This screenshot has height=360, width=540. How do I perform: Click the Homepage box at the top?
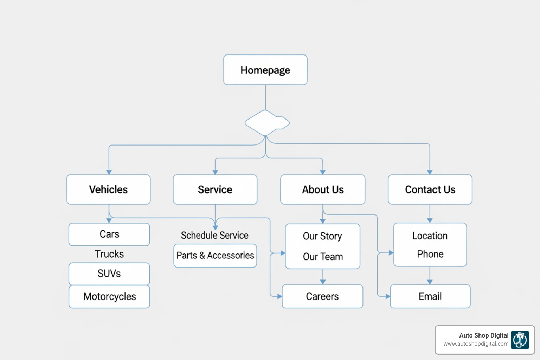[265, 70]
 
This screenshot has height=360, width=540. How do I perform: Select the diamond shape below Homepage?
[267, 123]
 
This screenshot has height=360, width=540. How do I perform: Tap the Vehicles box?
[109, 189]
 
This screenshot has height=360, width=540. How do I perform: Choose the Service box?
[215, 189]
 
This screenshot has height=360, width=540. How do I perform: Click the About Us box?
[323, 189]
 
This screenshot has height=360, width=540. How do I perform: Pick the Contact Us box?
[430, 189]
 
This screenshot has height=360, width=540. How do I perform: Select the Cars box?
[109, 234]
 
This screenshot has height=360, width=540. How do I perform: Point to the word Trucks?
[109, 254]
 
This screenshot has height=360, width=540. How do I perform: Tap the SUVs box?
[109, 274]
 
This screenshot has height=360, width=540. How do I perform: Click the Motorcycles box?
[109, 296]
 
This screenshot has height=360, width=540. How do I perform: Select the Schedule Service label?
[214, 235]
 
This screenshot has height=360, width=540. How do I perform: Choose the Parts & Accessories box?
[215, 256]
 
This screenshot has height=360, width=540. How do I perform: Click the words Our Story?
[322, 236]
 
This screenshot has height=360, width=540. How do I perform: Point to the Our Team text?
[323, 257]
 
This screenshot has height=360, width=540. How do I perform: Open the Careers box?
[322, 296]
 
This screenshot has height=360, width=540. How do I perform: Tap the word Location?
[430, 236]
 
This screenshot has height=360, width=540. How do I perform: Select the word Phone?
[430, 254]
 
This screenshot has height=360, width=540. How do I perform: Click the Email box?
[430, 296]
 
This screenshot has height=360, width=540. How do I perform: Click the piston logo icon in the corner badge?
[520, 340]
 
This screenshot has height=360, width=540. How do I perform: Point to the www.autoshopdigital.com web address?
[476, 344]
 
